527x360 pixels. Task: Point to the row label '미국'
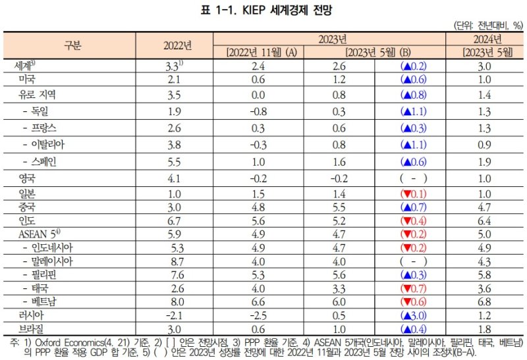[27, 79]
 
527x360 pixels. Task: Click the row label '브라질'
[32, 328]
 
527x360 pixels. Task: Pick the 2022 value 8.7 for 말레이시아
[175, 261]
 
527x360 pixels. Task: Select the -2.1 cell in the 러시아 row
[175, 315]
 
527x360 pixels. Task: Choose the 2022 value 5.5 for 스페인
[175, 161]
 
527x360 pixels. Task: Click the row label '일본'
[27, 193]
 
